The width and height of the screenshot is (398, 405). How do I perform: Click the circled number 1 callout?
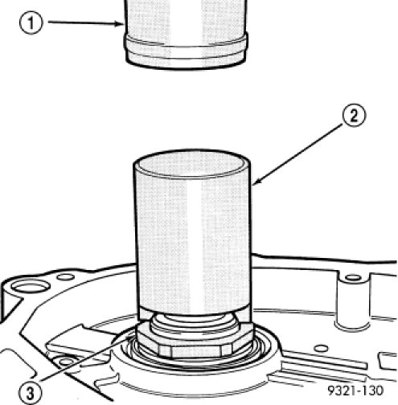(31, 23)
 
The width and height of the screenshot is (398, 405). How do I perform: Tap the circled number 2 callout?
(354, 116)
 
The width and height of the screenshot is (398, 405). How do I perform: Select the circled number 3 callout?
(31, 393)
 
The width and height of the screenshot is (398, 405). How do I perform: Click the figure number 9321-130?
(355, 391)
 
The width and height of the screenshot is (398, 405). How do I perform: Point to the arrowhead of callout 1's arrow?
(120, 24)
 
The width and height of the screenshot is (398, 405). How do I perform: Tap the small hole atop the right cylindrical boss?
(353, 277)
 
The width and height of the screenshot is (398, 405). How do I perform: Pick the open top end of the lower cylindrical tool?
(192, 164)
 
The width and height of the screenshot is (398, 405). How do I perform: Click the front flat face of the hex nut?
(195, 351)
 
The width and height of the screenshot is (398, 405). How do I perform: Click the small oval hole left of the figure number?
(321, 349)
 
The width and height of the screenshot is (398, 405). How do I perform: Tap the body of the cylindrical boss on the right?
(353, 302)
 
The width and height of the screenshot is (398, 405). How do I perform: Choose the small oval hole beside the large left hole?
(66, 276)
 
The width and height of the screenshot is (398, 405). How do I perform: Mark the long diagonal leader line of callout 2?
(297, 153)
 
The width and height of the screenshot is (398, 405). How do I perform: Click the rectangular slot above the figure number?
(388, 360)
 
